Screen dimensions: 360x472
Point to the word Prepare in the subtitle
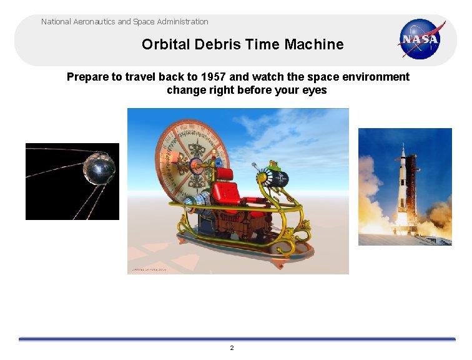pyautogui.click(x=87, y=77)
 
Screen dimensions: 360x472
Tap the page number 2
pyautogui.click(x=232, y=347)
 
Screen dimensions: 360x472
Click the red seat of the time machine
pyautogui.click(x=227, y=187)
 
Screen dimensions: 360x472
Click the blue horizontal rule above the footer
pyautogui.click(x=237, y=339)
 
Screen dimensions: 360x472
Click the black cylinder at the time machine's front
pyautogui.click(x=275, y=178)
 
